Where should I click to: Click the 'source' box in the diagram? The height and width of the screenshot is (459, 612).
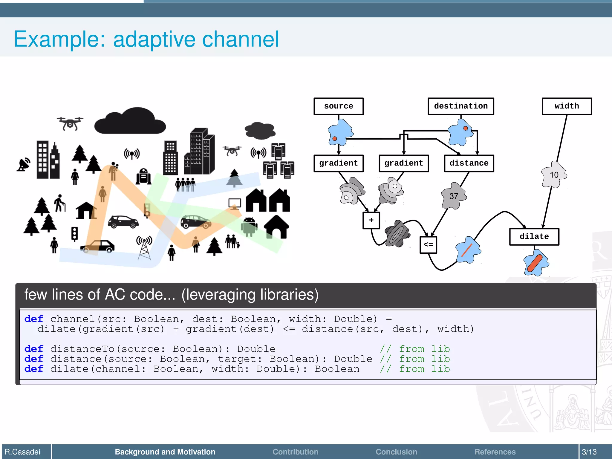pos(339,106)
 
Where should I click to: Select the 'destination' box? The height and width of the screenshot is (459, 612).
pos(460,106)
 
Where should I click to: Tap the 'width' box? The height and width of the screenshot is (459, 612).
pos(567,106)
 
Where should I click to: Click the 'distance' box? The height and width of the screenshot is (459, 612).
pos(469,163)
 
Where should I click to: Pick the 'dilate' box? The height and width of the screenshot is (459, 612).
pos(534,237)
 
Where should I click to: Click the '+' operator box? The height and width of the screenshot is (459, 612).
pos(371,221)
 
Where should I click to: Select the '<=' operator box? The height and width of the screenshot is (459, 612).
pos(428,245)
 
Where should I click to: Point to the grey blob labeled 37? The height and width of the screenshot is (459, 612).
pos(454,196)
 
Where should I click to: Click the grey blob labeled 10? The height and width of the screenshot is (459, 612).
pos(554,175)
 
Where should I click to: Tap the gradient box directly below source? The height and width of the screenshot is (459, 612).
pos(339,163)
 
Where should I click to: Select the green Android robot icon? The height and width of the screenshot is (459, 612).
pos(249,227)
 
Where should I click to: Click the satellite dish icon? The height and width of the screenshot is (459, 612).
pos(24,164)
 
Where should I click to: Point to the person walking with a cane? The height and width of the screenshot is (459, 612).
pos(60,203)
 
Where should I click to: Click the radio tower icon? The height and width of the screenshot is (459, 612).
pos(145,247)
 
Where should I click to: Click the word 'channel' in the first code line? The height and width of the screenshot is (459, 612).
pos(73,319)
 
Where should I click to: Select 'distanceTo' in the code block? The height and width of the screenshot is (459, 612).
pos(82,349)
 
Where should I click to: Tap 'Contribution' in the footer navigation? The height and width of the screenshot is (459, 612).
pos(295,452)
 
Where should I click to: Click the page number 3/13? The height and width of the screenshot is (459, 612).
pos(589,452)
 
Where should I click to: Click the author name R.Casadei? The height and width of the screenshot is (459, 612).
pos(23,452)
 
